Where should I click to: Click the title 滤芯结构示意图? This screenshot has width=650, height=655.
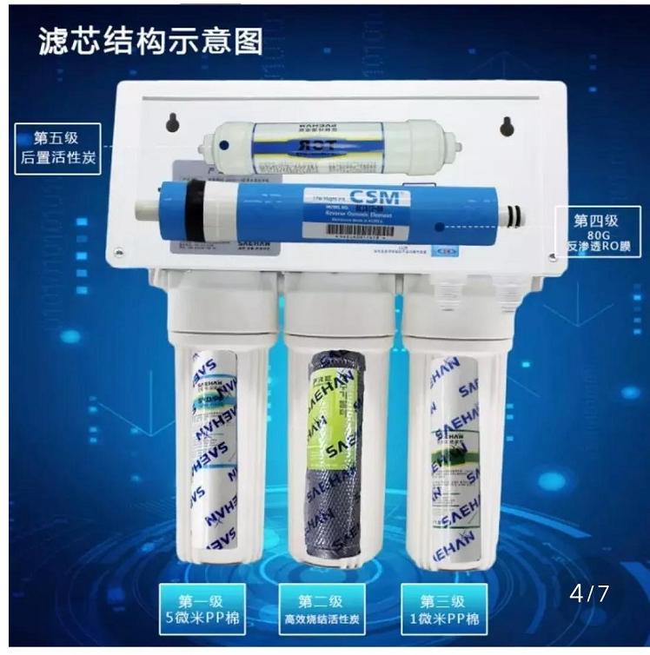click(150, 42)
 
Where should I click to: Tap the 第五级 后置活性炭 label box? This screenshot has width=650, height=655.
click(57, 149)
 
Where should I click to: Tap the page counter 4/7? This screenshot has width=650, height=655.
click(589, 594)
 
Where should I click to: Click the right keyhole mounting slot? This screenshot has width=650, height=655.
click(507, 126)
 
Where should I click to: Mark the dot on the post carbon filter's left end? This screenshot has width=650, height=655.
click(224, 147)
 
